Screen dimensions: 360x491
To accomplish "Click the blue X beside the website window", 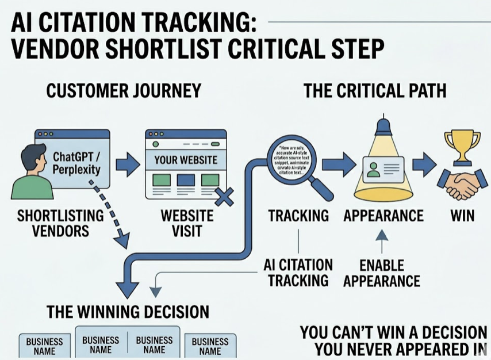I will [x=223, y=197].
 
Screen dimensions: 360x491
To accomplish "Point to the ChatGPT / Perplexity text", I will [x=76, y=163].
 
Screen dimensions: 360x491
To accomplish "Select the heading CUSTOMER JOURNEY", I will [x=123, y=91].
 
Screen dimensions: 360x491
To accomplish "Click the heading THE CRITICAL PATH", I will [x=375, y=91].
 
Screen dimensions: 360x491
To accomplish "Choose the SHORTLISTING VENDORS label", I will [x=60, y=223].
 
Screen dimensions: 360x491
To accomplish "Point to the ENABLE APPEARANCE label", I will [x=382, y=273].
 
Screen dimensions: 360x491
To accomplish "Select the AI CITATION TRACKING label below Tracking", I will [x=298, y=273].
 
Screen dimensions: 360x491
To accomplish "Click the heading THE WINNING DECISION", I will [x=128, y=312].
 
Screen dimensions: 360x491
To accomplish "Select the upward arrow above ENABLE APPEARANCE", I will [x=382, y=242].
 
